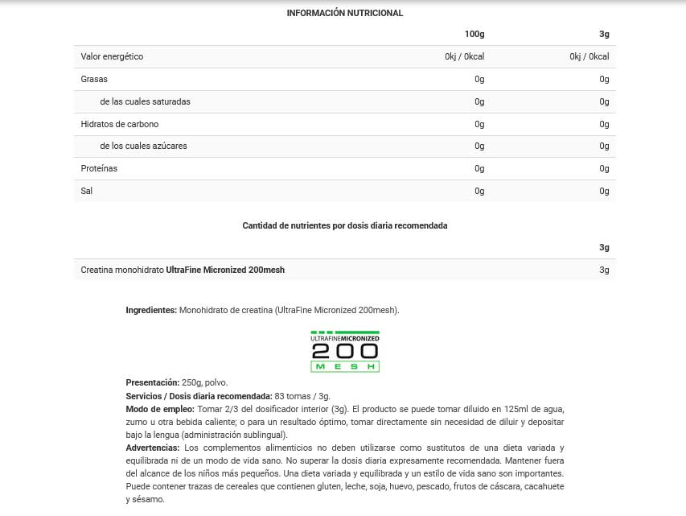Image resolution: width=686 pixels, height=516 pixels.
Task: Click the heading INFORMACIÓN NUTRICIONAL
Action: (x=344, y=13)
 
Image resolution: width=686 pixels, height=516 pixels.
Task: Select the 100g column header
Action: (x=474, y=34)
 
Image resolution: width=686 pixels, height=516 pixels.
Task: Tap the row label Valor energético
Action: (x=112, y=56)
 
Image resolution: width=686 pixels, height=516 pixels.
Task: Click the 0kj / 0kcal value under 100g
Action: (x=464, y=56)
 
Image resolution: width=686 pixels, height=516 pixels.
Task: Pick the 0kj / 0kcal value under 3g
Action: (x=589, y=56)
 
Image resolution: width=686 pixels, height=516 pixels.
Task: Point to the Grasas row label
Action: (x=94, y=79)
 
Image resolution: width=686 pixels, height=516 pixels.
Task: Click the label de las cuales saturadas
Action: (x=145, y=101)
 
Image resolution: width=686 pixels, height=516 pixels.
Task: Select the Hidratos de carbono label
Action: (x=120, y=124)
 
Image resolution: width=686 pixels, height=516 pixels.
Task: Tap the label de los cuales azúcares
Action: (x=143, y=146)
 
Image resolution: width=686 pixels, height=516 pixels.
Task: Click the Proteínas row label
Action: (x=99, y=168)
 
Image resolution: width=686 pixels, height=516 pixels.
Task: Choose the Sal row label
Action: (x=87, y=191)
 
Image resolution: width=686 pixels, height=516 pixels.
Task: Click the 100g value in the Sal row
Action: (x=479, y=191)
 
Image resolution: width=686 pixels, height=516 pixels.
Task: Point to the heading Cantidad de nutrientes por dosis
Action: (x=344, y=225)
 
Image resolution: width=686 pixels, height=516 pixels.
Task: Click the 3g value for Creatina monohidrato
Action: (x=604, y=270)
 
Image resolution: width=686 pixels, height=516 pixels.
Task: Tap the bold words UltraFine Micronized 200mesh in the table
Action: (x=225, y=270)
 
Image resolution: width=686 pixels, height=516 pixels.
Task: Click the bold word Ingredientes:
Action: (x=151, y=310)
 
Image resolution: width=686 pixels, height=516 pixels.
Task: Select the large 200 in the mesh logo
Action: (x=344, y=352)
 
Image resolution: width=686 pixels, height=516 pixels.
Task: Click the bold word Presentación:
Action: (x=153, y=382)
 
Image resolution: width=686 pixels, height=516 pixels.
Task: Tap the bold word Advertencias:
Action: (x=153, y=448)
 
